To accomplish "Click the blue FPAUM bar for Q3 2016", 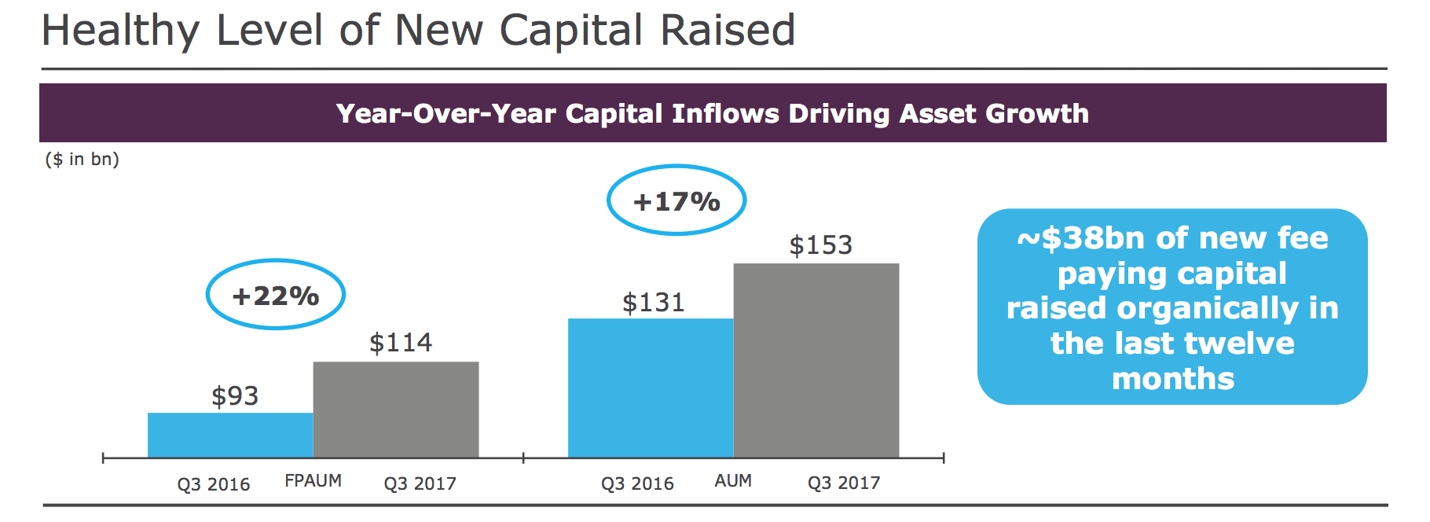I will coord(230,435).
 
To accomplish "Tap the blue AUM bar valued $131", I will coord(650,388).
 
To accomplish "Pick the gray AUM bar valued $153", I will coord(816,360).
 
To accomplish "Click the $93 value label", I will coord(234,396).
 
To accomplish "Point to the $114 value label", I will coord(400,343).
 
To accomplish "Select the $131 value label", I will coord(653,303).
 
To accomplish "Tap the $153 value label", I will coord(820,245).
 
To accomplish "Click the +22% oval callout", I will coord(275,295).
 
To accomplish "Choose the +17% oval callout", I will coord(676,200).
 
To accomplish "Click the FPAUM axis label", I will coord(313,480).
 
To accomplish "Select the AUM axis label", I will coord(732,480).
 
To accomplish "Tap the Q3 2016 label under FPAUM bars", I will coord(213,484).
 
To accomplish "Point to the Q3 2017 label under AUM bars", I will coord(843,483).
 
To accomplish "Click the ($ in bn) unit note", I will coord(82,159).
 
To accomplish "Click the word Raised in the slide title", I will coord(728,31).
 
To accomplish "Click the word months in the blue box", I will coord(1172,379).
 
